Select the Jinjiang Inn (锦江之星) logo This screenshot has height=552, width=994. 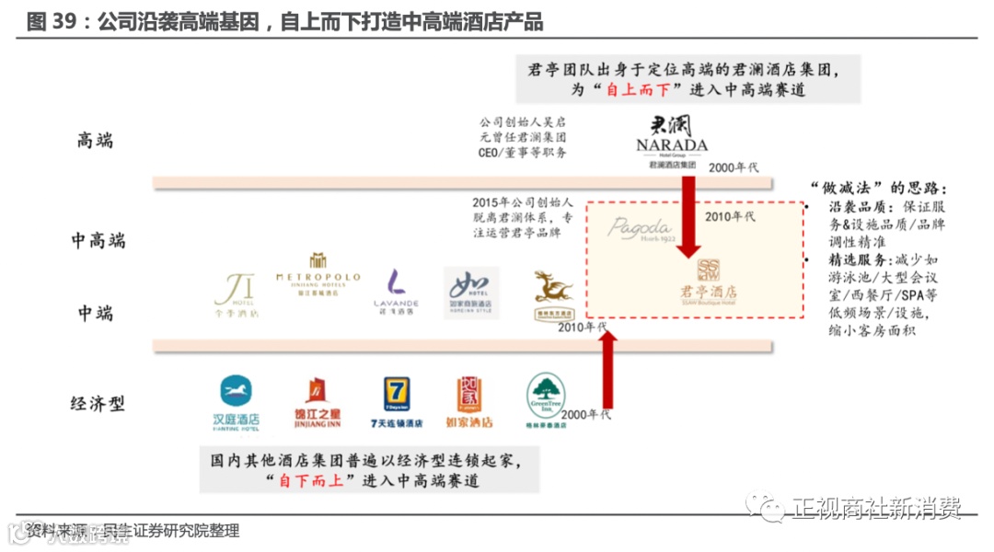click(x=316, y=402)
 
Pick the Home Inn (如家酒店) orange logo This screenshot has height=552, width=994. click(x=469, y=402)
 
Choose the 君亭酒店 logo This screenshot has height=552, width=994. click(x=709, y=282)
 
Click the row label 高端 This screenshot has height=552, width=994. click(x=95, y=141)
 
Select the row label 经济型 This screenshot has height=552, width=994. click(x=98, y=403)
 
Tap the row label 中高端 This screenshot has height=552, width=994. click(x=98, y=241)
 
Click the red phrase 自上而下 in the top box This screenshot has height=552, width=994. click(x=642, y=89)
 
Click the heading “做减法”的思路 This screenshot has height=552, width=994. click(x=877, y=186)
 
